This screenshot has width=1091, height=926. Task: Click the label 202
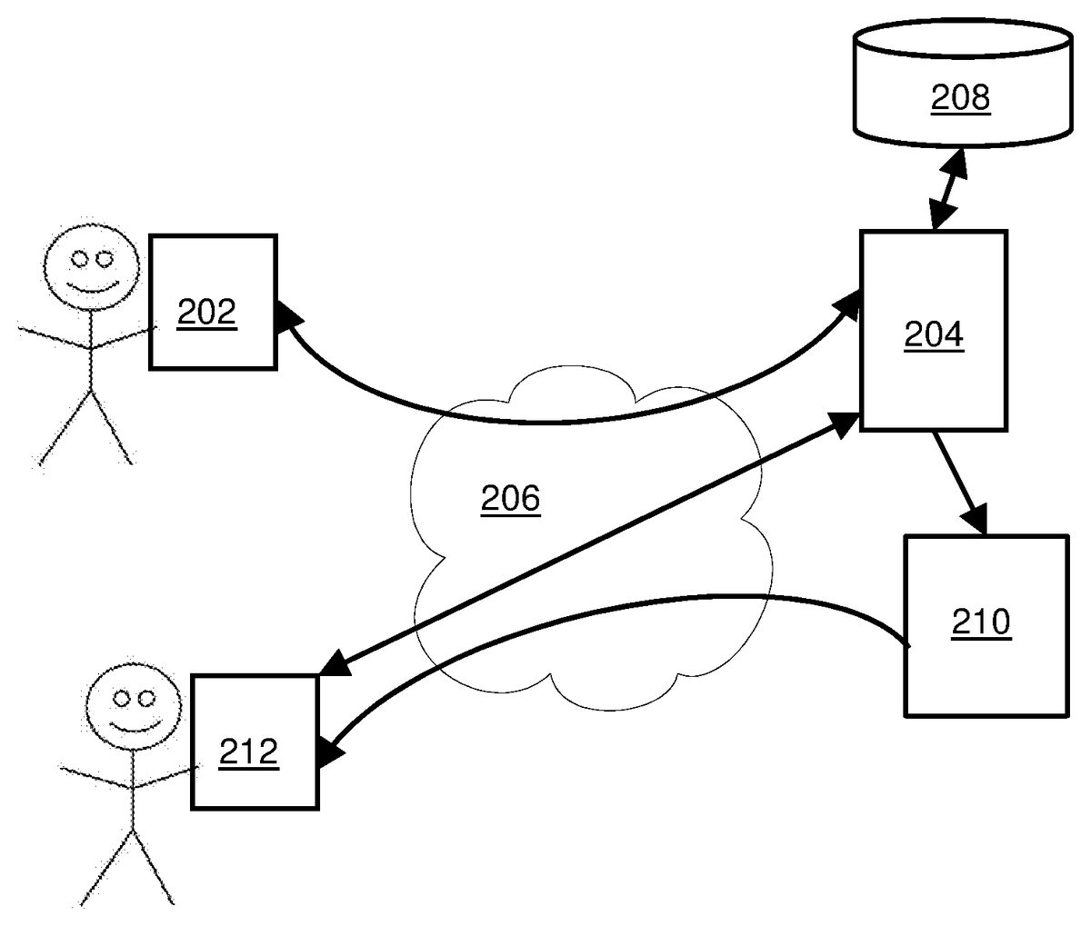[206, 314]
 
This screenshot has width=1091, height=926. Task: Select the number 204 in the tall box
[933, 336]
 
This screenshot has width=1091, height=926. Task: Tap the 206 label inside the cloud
[510, 499]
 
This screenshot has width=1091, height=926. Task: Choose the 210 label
[982, 623]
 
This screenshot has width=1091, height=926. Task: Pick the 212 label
[249, 752]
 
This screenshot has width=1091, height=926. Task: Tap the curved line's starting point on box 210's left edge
[907, 644]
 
